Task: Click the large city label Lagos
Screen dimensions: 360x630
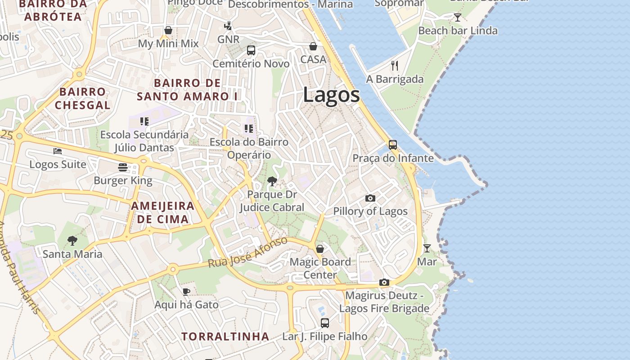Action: (331, 95)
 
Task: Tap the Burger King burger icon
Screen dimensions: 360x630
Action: (123, 167)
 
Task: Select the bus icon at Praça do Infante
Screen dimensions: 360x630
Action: (393, 144)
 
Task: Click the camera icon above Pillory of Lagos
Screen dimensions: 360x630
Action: (370, 198)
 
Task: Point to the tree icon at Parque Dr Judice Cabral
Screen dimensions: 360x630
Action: (272, 181)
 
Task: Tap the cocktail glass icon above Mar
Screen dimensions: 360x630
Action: (427, 248)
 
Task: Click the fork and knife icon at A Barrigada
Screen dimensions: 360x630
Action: (395, 66)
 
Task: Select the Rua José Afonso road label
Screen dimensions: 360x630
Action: (248, 252)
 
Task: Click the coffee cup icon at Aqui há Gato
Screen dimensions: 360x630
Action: (186, 292)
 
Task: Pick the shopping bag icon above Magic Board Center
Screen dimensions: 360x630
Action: (320, 248)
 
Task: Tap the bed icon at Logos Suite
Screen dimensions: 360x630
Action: (57, 151)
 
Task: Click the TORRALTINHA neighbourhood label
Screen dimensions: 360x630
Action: (225, 336)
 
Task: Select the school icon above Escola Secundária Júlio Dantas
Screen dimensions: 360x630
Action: (144, 121)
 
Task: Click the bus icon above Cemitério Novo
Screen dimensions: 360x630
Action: (251, 50)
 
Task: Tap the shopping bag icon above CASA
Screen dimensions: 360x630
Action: (313, 46)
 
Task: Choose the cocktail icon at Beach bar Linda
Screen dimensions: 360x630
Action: (458, 18)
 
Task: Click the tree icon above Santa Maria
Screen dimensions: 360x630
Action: (72, 241)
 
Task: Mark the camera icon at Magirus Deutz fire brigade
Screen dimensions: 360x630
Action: (384, 282)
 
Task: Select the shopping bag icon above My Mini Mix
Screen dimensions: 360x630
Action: (168, 30)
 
